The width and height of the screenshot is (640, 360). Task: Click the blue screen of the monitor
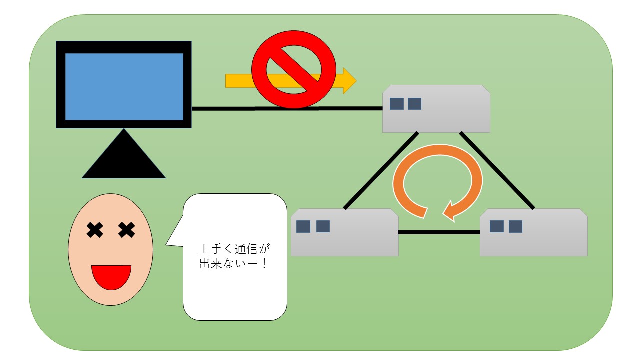(x=124, y=87)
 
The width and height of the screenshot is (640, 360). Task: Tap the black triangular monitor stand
(x=124, y=160)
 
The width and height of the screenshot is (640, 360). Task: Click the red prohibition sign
(x=294, y=69)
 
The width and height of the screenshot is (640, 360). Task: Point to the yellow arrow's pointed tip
(x=356, y=81)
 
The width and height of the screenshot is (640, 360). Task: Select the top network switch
(x=436, y=109)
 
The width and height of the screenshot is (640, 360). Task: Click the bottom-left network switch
(x=345, y=232)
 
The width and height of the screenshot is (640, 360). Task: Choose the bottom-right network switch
(x=533, y=232)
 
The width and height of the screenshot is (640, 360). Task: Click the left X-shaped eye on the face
(x=95, y=230)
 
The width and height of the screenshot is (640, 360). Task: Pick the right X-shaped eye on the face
(x=127, y=230)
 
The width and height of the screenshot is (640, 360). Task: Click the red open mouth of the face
(x=111, y=275)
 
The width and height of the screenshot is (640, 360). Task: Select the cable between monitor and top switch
(x=287, y=108)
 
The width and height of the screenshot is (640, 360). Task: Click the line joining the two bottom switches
(x=439, y=232)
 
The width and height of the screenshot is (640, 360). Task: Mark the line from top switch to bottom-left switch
(x=381, y=170)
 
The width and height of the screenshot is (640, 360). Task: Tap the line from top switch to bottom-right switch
(x=497, y=170)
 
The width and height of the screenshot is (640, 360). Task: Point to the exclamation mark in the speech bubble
(x=264, y=263)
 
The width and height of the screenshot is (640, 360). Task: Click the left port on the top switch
(x=397, y=104)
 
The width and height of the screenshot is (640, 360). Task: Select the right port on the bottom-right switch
(x=515, y=227)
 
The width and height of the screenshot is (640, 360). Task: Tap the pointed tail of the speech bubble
(x=166, y=244)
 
